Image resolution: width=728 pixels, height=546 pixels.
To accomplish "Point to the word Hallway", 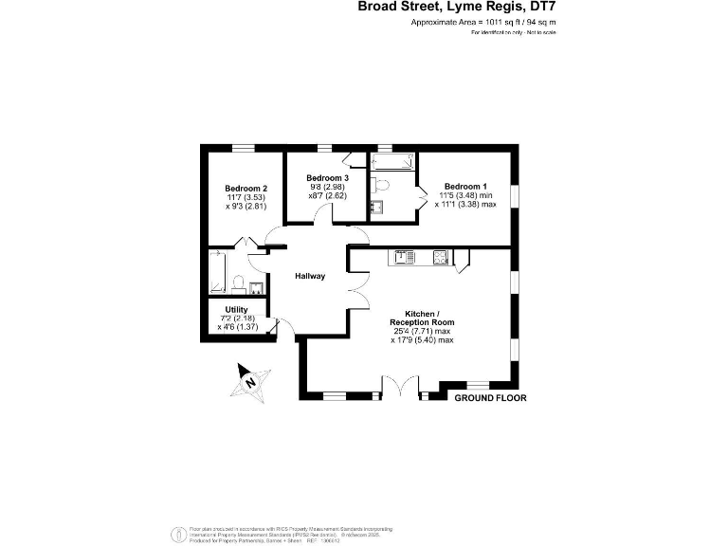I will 310,276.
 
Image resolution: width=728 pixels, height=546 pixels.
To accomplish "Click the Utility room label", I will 236,310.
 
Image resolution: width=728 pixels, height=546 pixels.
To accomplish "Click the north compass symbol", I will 251,382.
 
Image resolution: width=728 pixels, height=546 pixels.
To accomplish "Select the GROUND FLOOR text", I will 490,398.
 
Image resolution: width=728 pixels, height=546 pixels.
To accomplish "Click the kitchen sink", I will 402,255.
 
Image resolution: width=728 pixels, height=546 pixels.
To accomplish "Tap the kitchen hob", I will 441,255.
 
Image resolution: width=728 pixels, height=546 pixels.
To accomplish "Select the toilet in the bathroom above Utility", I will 237,284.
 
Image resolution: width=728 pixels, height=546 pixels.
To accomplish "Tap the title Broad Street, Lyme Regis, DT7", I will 456,8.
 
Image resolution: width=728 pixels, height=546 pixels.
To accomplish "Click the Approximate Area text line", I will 483,21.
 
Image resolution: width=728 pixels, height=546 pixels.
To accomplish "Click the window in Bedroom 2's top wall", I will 245,147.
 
